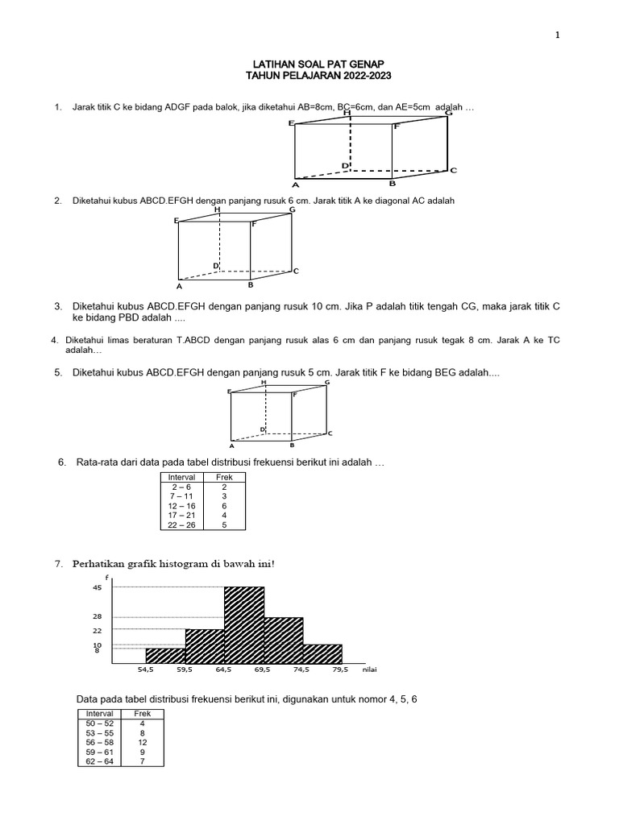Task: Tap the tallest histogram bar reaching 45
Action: click(243, 625)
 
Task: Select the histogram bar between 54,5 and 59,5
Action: click(165, 656)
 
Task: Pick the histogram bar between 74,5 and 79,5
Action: click(322, 654)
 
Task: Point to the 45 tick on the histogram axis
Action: click(97, 587)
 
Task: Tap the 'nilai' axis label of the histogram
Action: click(370, 670)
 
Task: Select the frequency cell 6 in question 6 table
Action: click(224, 505)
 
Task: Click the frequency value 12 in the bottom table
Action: click(142, 741)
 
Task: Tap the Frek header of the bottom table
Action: click(142, 714)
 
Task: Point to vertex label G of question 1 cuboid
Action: click(448, 113)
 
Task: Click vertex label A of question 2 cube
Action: click(180, 286)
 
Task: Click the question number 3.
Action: click(58, 307)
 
